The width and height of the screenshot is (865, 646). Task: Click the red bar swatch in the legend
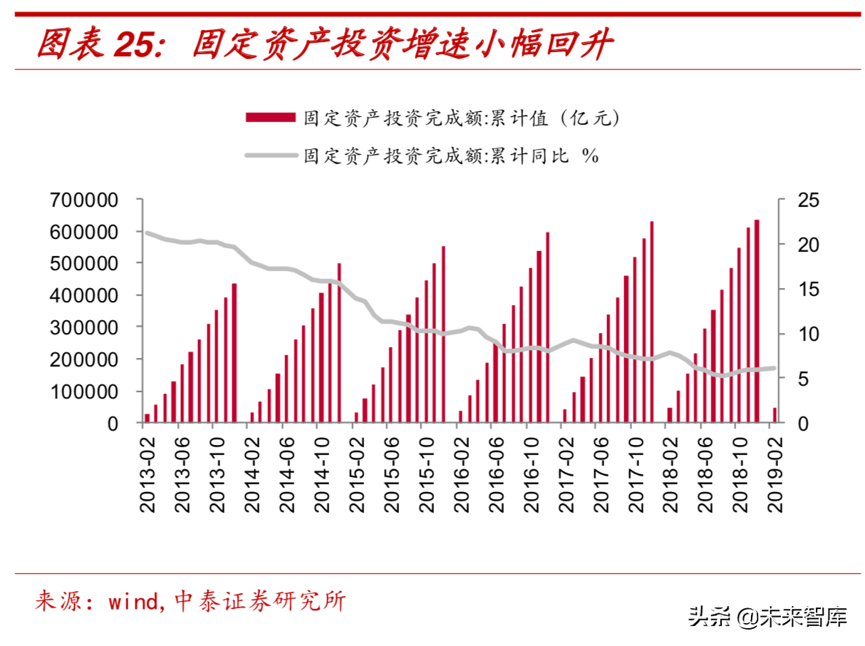tap(270, 118)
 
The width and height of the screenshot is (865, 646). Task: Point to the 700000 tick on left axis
tap(84, 200)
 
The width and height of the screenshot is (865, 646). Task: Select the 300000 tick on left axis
tap(84, 328)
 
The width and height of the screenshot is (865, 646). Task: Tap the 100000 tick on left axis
tap(84, 391)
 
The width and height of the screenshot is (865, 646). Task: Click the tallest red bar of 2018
tap(757, 321)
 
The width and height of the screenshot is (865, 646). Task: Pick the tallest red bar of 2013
tap(234, 353)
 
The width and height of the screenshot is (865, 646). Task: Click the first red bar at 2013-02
tap(147, 418)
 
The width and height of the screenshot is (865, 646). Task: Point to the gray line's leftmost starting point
tap(147, 232)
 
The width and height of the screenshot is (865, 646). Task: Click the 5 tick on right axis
tap(790, 379)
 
